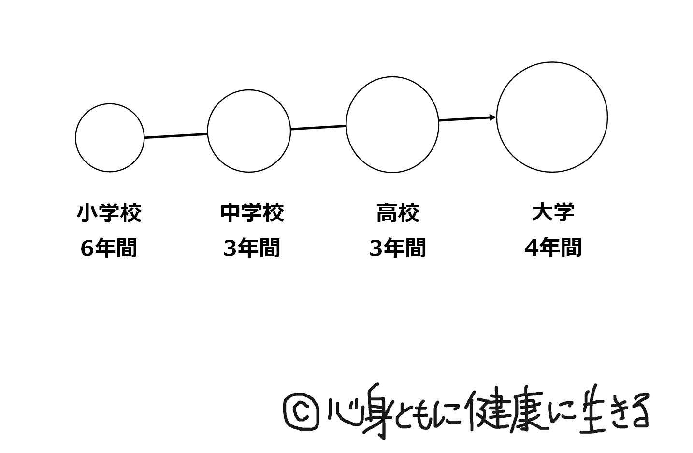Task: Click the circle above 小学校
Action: click(x=110, y=138)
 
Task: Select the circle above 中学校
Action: click(x=249, y=131)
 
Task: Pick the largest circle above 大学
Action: click(x=552, y=117)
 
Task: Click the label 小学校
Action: click(x=109, y=213)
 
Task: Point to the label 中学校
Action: click(x=252, y=213)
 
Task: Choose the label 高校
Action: click(x=398, y=213)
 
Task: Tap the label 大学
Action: click(x=553, y=213)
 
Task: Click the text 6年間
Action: click(x=109, y=248)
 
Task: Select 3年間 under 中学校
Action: click(x=252, y=248)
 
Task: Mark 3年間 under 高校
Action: click(x=398, y=248)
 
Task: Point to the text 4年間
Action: click(x=553, y=248)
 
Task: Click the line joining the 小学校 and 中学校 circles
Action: click(x=176, y=136)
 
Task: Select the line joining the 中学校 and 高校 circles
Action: click(x=318, y=128)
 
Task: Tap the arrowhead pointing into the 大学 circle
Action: click(x=492, y=117)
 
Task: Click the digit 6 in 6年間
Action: click(x=87, y=248)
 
